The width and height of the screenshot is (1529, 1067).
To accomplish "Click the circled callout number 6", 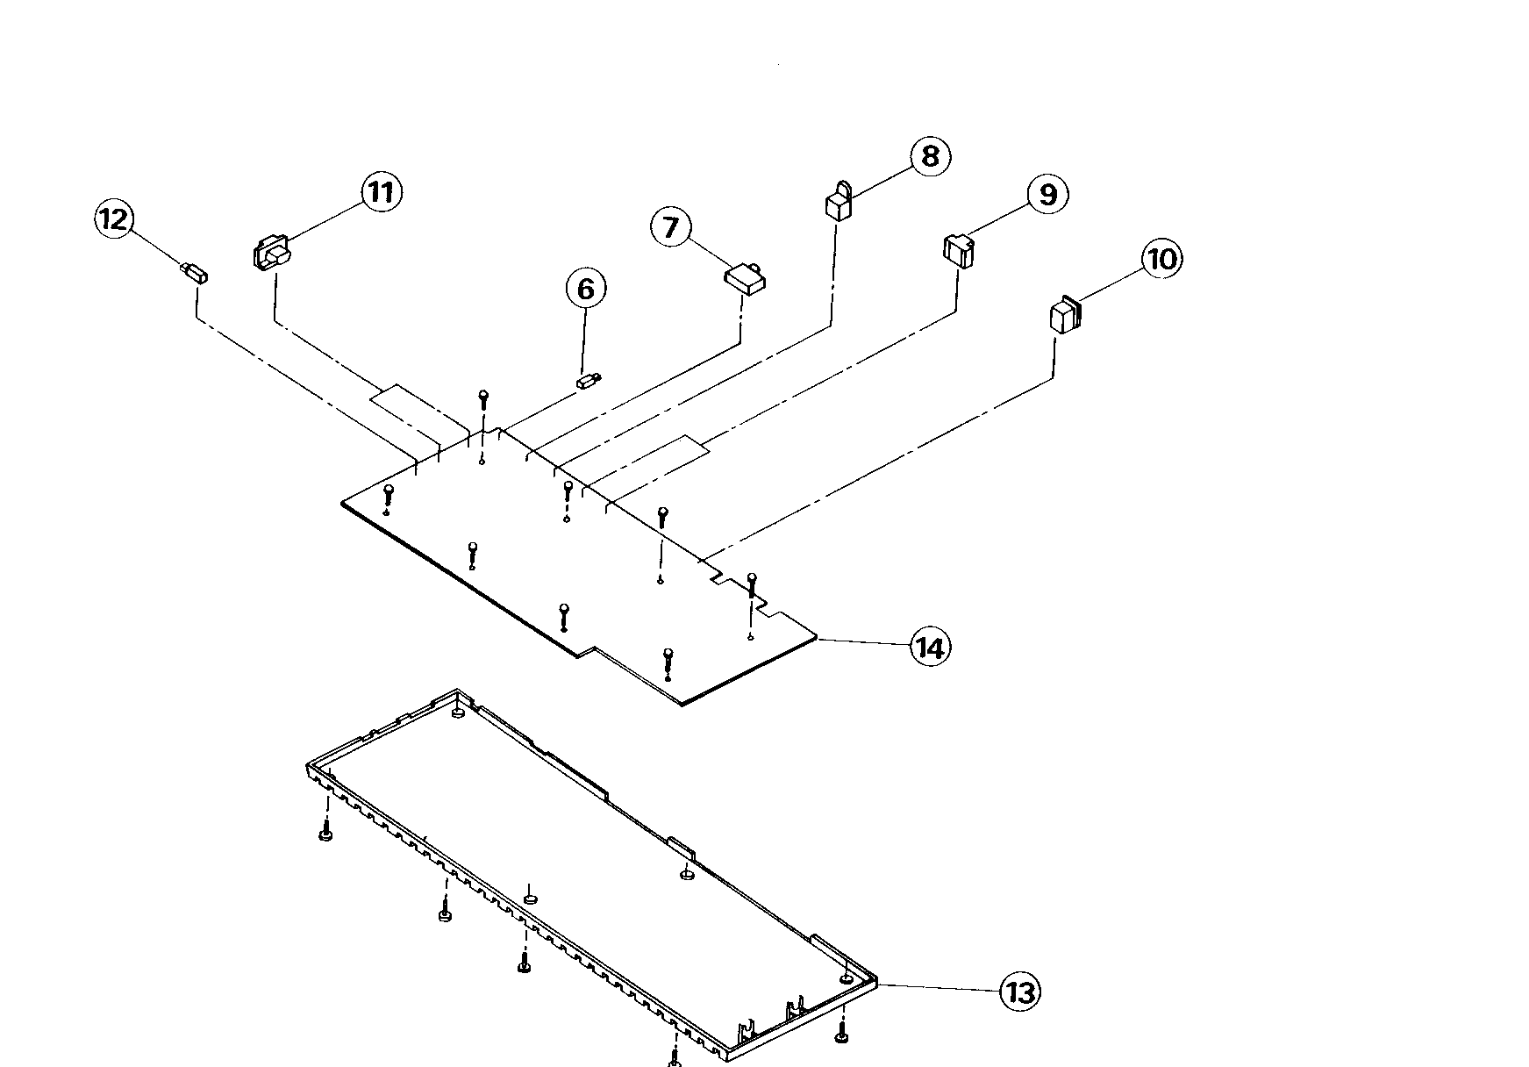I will (x=585, y=289).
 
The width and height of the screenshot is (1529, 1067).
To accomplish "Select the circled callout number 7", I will (x=671, y=228).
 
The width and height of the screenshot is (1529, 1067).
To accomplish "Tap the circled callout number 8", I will (x=930, y=156).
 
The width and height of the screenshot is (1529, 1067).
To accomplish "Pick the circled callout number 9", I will (x=1047, y=194).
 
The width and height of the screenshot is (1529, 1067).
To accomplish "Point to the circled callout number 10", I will (x=1161, y=259).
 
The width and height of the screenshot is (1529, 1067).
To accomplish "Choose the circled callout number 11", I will (x=382, y=191).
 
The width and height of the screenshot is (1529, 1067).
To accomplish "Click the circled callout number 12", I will (x=114, y=218).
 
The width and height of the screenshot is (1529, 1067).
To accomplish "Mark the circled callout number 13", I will (x=1020, y=992).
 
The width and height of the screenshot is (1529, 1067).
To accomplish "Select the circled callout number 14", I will (x=930, y=648).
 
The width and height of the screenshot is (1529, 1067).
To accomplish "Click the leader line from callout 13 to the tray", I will (x=939, y=988).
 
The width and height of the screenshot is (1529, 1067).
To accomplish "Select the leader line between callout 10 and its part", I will (x=1110, y=284).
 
